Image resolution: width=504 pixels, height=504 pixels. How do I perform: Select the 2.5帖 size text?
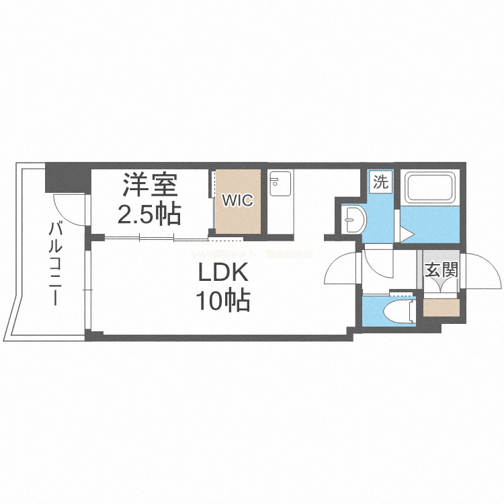pos(149,214)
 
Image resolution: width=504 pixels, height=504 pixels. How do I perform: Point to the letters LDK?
pos(223,274)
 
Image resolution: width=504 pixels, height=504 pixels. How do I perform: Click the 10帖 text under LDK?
pos(223,300)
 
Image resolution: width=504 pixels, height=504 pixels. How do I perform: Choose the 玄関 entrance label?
pos(442,270)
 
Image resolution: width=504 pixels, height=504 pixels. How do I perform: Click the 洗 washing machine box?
pos(380,182)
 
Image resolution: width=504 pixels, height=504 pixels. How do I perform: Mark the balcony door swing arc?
pos(68,208)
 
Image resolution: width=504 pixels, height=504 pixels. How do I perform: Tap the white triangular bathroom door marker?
pos(407,233)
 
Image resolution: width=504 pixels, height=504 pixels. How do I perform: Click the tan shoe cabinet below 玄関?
pos(442,308)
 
